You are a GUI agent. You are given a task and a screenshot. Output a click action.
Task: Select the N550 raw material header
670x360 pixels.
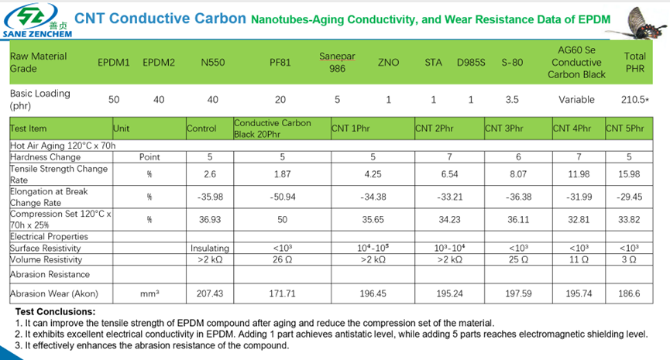tap(212, 62)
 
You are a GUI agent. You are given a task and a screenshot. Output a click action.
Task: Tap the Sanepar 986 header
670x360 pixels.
tap(332, 62)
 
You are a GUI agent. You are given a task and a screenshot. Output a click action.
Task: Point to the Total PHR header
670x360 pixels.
tap(634, 62)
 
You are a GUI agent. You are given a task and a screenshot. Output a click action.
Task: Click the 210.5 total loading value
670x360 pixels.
tap(634, 100)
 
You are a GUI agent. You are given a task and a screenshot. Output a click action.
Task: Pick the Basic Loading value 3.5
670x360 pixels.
tap(511, 100)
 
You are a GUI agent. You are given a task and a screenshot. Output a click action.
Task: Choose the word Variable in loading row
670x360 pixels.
tap(576, 100)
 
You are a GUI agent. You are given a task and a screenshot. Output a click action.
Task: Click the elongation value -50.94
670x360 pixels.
tap(282, 197)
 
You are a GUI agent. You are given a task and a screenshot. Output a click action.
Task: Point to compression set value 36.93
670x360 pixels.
tap(210, 219)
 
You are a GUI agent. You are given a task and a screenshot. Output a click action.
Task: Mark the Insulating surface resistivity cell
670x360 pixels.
tap(210, 248)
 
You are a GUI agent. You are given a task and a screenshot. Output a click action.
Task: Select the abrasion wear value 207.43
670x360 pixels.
tap(210, 294)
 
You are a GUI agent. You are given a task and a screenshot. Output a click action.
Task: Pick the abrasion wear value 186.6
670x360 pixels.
tap(632, 294)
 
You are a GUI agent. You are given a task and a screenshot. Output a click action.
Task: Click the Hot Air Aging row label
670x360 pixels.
tap(62, 145)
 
